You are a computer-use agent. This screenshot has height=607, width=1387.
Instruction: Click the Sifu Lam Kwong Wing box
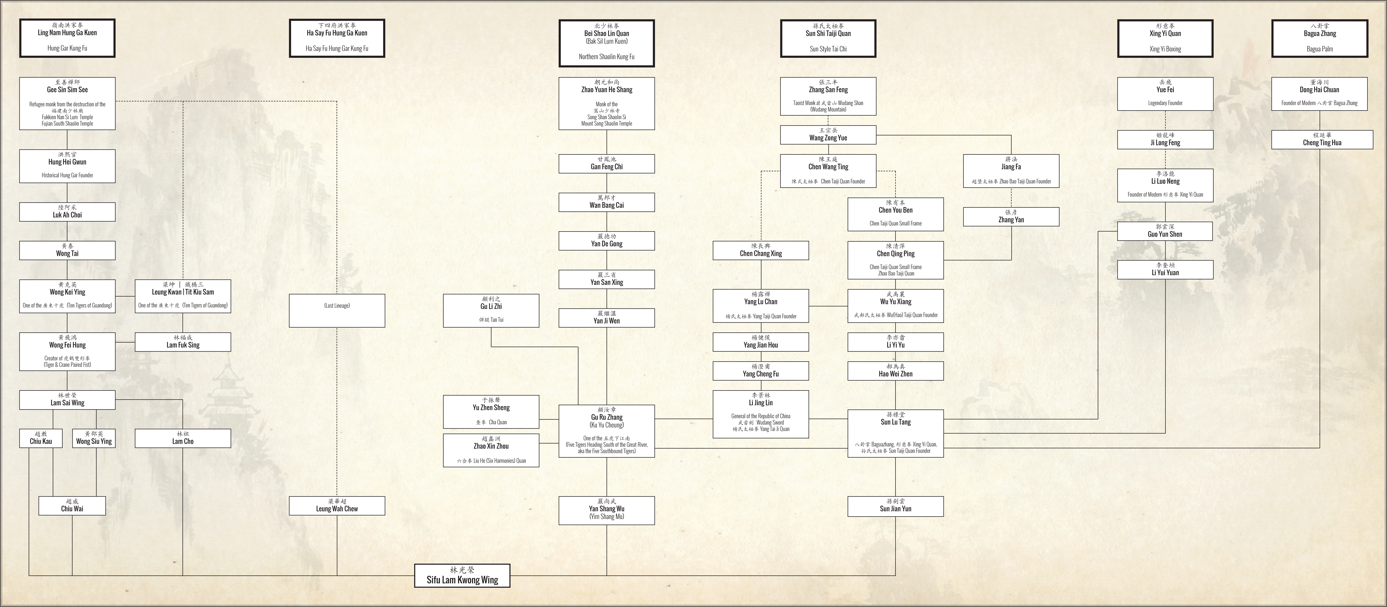[462, 575]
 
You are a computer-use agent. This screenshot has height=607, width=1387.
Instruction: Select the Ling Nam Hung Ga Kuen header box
[67, 38]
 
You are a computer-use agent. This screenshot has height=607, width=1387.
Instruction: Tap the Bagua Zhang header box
[1320, 38]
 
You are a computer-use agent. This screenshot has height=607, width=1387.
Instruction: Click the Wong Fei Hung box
[67, 351]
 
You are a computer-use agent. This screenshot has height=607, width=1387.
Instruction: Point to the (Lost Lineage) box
[337, 310]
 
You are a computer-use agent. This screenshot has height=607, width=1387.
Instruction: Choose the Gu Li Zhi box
[491, 310]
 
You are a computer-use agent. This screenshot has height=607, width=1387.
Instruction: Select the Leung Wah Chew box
[337, 506]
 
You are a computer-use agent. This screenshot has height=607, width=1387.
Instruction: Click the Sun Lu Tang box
[895, 434]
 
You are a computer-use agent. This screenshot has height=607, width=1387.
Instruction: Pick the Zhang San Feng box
[828, 96]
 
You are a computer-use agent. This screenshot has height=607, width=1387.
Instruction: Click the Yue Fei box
[1165, 94]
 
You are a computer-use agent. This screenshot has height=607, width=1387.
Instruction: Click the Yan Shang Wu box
[607, 510]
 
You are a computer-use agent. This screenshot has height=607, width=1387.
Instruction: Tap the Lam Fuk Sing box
[183, 342]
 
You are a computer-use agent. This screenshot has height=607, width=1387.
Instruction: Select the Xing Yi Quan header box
[1165, 38]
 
